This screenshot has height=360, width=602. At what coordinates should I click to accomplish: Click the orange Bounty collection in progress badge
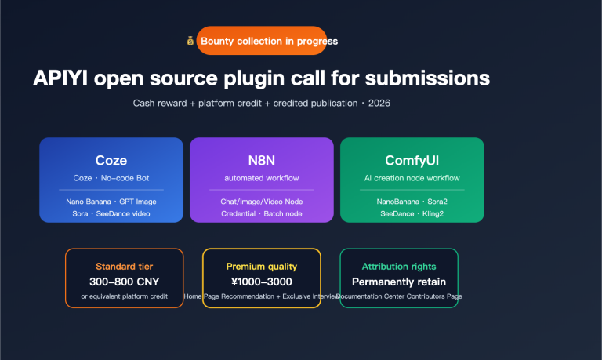click(x=268, y=41)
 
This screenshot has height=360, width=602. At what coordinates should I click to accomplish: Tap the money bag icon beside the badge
click(x=190, y=41)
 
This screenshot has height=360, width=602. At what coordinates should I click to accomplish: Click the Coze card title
click(x=111, y=161)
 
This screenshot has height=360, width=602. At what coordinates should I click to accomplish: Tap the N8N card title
click(x=261, y=161)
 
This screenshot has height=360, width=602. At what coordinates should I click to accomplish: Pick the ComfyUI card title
click(x=412, y=161)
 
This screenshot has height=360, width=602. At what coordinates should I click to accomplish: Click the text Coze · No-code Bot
click(x=111, y=178)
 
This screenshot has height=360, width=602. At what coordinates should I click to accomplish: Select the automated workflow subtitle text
click(x=261, y=178)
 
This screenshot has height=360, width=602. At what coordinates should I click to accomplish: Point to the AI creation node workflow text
click(x=412, y=178)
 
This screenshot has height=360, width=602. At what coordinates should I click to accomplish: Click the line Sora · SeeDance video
click(x=111, y=213)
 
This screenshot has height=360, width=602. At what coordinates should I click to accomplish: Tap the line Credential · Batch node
click(x=261, y=213)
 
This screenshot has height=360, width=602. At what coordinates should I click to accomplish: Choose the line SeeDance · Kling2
click(x=412, y=213)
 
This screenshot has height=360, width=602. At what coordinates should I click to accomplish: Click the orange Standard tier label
click(x=125, y=267)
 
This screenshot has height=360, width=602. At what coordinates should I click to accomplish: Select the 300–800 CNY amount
click(x=125, y=282)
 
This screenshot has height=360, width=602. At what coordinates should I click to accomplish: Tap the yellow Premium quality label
click(x=261, y=267)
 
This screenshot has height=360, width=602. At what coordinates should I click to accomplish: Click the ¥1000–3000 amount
click(x=261, y=282)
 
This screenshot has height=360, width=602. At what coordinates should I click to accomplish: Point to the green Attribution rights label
click(x=398, y=267)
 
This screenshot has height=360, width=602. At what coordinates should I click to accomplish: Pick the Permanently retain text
click(x=398, y=282)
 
